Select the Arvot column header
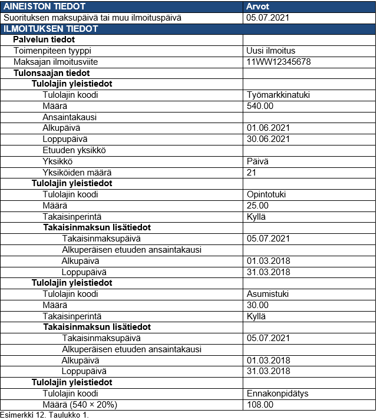tap(257, 6)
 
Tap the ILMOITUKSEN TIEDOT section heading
tap(51, 28)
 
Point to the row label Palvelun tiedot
tap(44, 39)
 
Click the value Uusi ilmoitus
tap(271, 51)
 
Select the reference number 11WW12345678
tap(279, 62)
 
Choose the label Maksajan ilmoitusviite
tap(55, 62)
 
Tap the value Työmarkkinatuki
tap(278, 95)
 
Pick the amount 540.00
tap(260, 106)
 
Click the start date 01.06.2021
tap(268, 128)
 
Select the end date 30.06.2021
tap(268, 139)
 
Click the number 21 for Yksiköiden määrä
tap(252, 172)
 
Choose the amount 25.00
tap(258, 206)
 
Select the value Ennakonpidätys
tap(277, 393)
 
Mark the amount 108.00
tap(260, 405)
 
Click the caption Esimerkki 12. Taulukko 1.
tap(44, 415)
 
